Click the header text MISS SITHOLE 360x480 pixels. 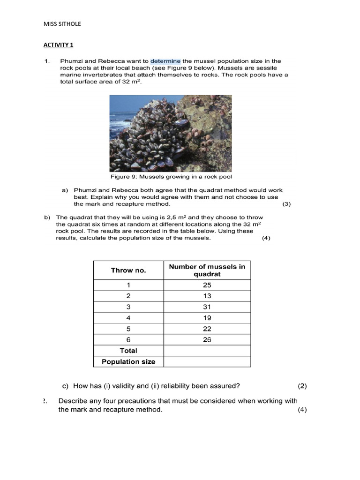(62, 24)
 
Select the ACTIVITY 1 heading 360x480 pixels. (58, 45)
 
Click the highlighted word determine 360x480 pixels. (165, 61)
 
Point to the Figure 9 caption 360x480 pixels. (171, 177)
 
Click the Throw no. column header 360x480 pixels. (128, 270)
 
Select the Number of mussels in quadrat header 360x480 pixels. (207, 270)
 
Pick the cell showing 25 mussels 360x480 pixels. (207, 285)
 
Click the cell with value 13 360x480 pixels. (207, 296)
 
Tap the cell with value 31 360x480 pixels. (207, 307)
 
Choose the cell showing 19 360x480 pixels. (207, 318)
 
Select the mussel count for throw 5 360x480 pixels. (207, 329)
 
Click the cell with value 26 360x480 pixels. (207, 339)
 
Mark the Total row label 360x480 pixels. (128, 351)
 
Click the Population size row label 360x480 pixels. (128, 361)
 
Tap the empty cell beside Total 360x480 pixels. (207, 351)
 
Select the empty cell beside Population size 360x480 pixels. (207, 361)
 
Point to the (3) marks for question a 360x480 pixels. (287, 204)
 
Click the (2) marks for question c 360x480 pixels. (302, 386)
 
